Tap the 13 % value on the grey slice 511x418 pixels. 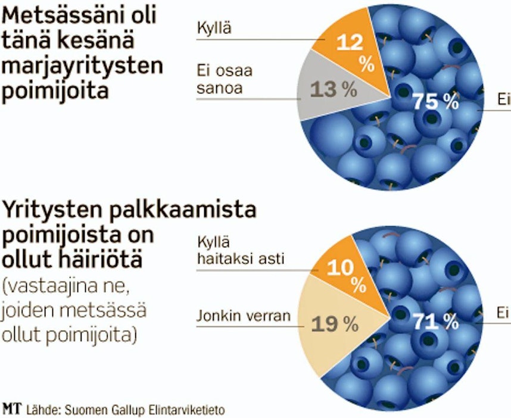334,90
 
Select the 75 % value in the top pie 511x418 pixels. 435,102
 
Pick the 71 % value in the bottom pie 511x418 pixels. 435,322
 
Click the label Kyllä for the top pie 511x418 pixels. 213,27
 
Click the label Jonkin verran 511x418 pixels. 243,315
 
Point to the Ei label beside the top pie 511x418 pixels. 504,100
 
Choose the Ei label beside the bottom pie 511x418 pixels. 504,313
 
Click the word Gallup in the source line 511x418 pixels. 132,410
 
